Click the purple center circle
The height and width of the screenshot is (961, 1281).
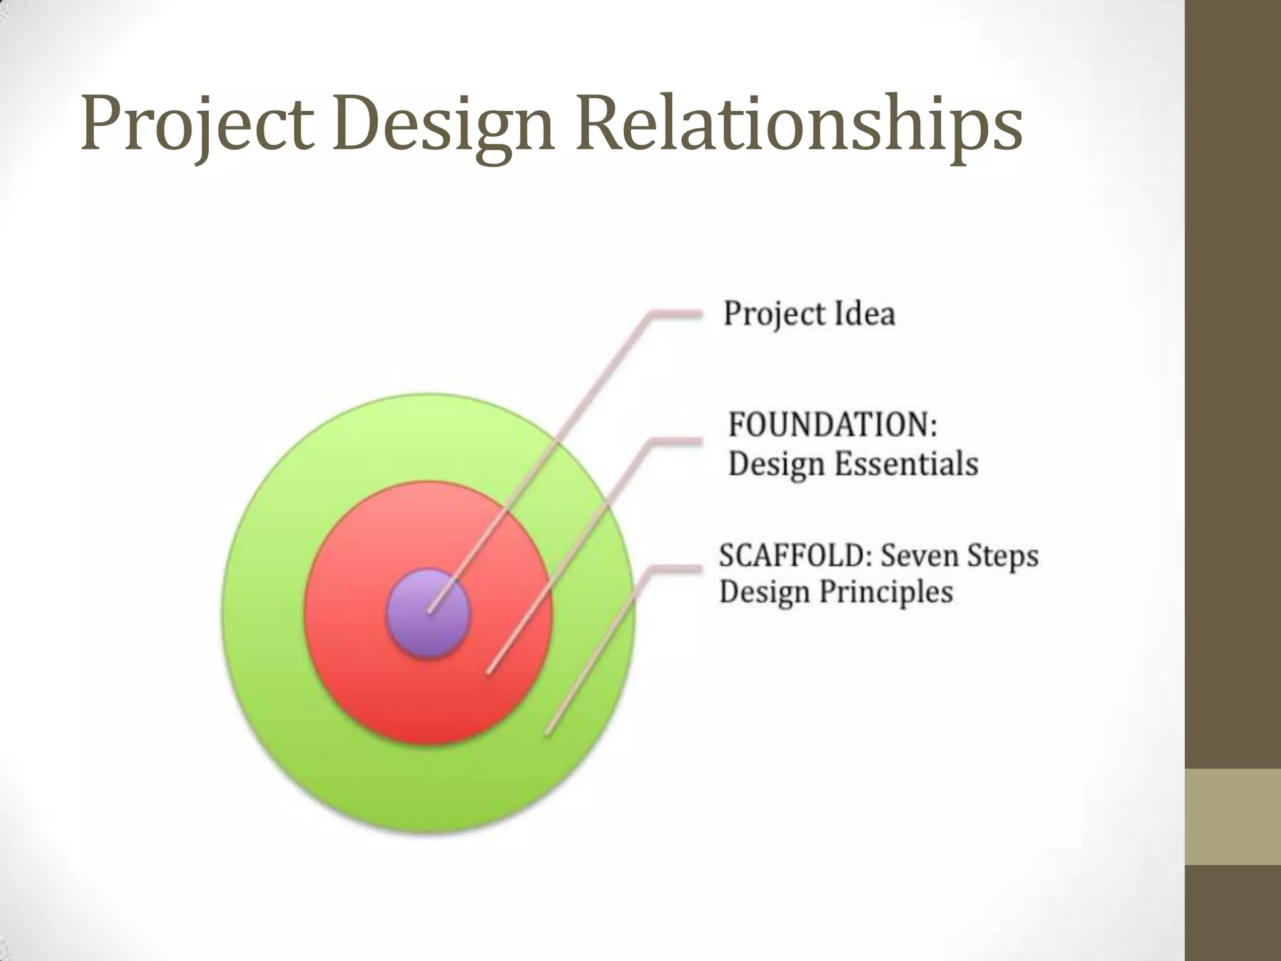(428, 613)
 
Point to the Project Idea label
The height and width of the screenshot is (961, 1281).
(809, 313)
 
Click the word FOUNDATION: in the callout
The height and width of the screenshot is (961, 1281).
(833, 425)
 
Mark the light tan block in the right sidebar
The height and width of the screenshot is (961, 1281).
(1233, 816)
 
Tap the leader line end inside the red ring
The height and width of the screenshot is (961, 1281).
(489, 672)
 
